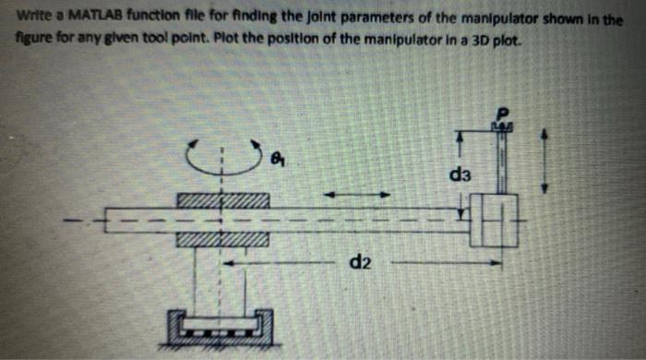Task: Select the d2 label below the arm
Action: [x=361, y=267]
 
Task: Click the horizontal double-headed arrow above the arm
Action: [x=355, y=193]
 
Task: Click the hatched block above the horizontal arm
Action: [x=221, y=200]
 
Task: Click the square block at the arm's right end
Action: [x=493, y=221]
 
